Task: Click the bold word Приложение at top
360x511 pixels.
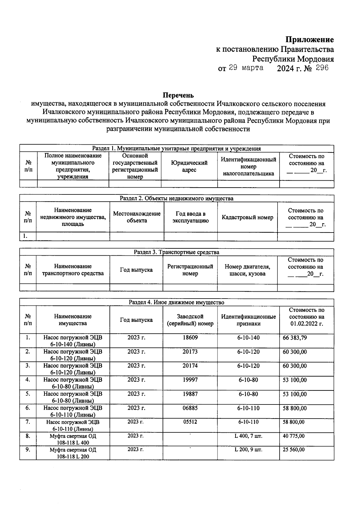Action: point(309,40)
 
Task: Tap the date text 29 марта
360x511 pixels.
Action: point(246,68)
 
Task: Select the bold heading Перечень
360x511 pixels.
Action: point(178,95)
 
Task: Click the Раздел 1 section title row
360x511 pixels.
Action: point(176,149)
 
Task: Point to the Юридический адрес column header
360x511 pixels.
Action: point(189,166)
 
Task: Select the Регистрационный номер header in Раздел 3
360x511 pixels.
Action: point(190,270)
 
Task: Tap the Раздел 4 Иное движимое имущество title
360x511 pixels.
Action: point(176,302)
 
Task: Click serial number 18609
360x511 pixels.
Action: point(190,338)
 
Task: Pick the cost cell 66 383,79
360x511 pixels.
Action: point(295,338)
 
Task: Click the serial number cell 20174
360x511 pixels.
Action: point(190,366)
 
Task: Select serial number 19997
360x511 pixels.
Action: point(190,380)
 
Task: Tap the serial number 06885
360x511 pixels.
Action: point(190,408)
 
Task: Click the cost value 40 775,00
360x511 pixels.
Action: point(293,436)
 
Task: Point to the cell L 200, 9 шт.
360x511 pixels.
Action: point(248,450)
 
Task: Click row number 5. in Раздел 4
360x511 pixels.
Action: point(28,394)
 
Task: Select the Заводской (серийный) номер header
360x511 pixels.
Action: point(190,320)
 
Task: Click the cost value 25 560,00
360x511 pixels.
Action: point(293,450)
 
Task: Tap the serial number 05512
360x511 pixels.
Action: point(190,422)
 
